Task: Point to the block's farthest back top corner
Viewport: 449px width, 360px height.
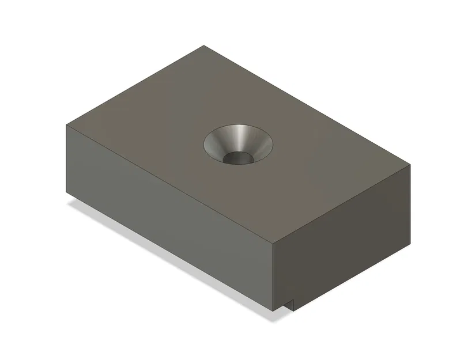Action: click(x=204, y=46)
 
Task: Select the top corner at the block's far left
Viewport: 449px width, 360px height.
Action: click(x=66, y=125)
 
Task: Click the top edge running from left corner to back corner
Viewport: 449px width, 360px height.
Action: click(x=135, y=85)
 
